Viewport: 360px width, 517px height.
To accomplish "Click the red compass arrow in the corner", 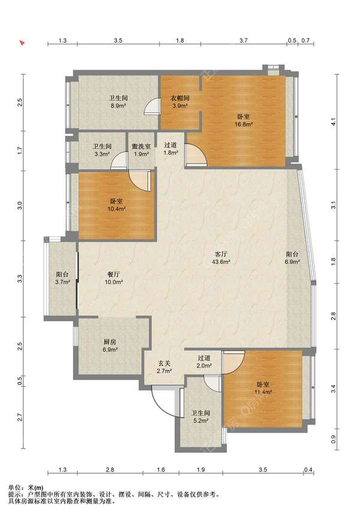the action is coord(22,43).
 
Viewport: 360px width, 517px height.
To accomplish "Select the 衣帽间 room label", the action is coord(180,98).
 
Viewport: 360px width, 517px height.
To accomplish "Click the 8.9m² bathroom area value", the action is coord(119,106).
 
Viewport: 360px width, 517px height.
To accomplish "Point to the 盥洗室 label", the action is coord(141,146).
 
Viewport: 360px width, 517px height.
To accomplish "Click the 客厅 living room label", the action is coord(221,254).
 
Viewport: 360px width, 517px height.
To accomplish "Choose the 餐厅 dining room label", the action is coord(113,274).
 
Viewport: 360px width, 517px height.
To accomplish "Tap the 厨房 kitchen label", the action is coord(110,342).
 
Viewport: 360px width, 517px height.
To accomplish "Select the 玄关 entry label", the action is coord(164,363).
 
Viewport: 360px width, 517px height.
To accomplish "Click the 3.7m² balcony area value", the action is coord(62,282).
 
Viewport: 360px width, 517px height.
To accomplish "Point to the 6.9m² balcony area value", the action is coord(292,262).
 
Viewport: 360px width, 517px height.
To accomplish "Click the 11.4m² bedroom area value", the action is coord(263,392).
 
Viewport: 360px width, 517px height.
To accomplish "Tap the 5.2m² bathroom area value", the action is coord(201,421).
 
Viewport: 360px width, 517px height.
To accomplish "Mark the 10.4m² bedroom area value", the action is coord(116,209).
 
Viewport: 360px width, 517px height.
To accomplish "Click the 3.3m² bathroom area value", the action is coord(102,154).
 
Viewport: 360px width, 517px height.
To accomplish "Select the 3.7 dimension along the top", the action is coord(244,41).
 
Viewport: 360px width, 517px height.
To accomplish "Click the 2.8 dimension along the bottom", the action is coord(110,470).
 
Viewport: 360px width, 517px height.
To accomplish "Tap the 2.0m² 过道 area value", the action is coord(204,366).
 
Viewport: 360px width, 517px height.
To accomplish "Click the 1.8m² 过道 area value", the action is coord(171,153).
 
